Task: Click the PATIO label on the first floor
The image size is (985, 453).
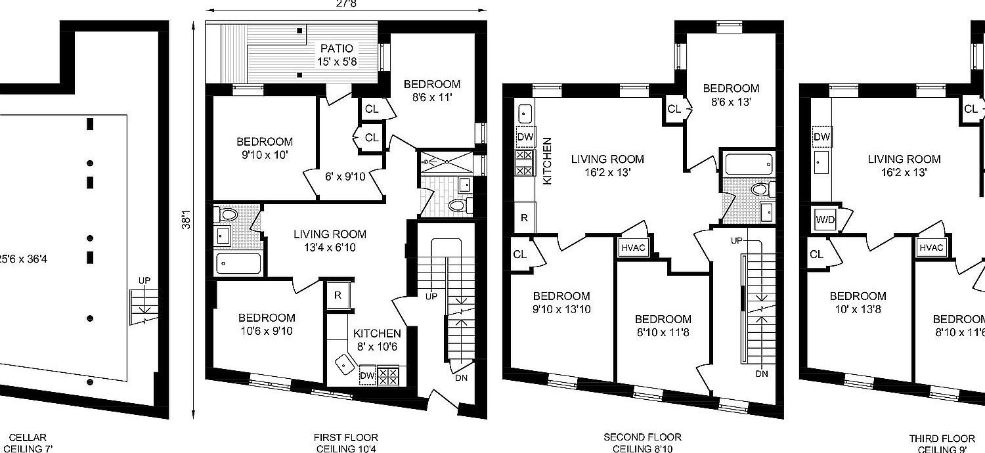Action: point(336,49)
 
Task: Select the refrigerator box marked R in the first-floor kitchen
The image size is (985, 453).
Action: point(338,295)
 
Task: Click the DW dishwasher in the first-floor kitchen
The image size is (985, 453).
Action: point(367,376)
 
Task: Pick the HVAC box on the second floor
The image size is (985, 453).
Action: point(632,248)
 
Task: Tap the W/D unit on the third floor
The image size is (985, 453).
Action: point(825,219)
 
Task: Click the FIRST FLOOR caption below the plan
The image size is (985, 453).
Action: point(346,438)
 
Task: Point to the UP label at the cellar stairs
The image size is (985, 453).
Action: point(144,281)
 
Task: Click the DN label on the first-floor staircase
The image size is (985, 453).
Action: point(461,377)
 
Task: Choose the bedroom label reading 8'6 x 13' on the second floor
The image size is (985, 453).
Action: point(731,95)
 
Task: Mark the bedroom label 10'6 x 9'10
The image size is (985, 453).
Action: point(266,324)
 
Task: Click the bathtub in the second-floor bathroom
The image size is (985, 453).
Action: point(748,162)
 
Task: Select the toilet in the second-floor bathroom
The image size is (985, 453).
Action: point(759,190)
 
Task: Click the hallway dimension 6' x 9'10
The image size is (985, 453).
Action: point(346,176)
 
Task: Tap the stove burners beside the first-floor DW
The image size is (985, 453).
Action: point(388,376)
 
